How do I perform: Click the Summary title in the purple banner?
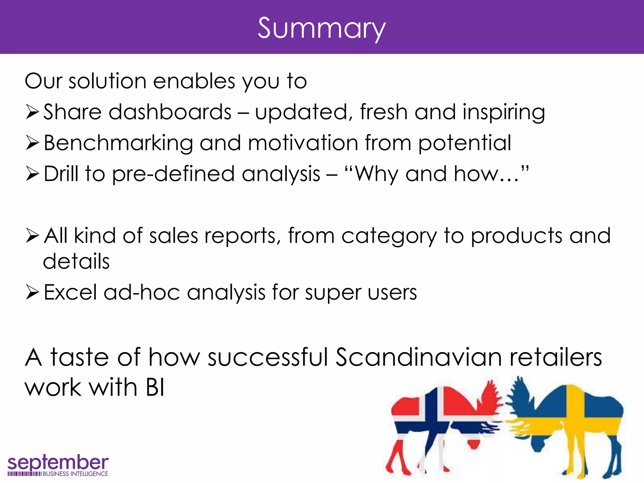321,28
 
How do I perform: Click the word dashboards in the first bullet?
170,112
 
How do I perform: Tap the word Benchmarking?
118,143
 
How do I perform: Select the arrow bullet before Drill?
32,174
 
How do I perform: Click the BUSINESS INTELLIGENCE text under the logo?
75,474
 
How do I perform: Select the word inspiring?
504,112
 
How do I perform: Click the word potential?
464,143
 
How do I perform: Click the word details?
76,261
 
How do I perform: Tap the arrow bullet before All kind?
32,236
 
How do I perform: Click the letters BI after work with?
155,387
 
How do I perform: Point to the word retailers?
555,358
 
